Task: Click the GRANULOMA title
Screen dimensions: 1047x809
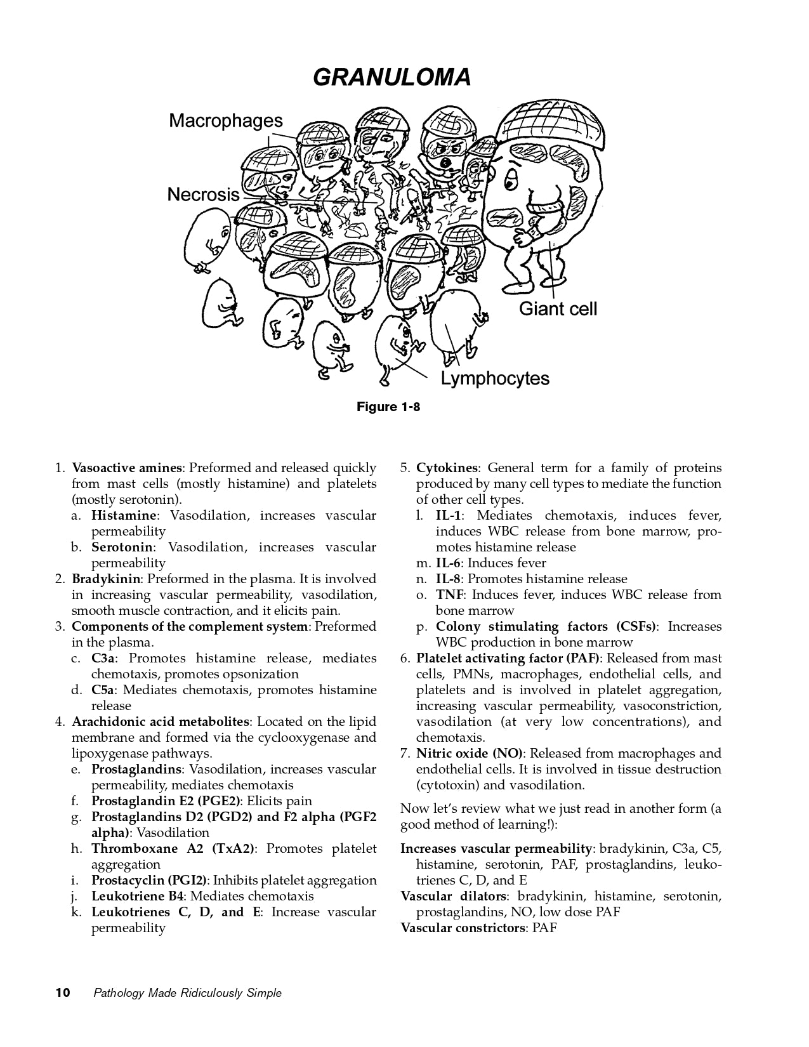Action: [x=392, y=77]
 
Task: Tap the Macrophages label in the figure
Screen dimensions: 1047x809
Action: [x=225, y=121]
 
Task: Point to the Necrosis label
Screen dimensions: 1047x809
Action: [x=203, y=194]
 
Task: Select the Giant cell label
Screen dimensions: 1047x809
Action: [x=558, y=309]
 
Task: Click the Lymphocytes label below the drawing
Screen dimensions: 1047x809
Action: [x=495, y=379]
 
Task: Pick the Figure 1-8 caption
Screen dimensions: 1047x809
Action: [x=388, y=407]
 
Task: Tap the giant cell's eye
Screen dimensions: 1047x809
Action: [x=510, y=181]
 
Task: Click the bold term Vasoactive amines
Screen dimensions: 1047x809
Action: [x=127, y=468]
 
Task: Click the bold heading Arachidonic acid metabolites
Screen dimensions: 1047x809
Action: [x=161, y=721]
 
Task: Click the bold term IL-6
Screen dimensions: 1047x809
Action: [x=449, y=563]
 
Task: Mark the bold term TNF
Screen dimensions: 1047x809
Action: [x=450, y=595]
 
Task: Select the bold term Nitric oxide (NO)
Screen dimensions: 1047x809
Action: [x=470, y=753]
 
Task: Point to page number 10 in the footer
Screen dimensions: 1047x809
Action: [x=63, y=993]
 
